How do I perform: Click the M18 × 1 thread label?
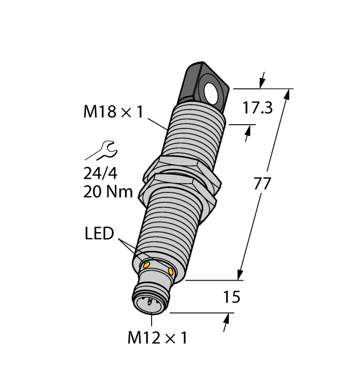[112, 112]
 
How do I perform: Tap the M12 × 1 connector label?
[157, 337]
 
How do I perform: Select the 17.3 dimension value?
[257, 108]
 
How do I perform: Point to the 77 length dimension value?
[263, 184]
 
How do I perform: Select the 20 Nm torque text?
[108, 192]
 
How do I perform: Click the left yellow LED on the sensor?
[147, 265]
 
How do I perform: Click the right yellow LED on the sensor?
[171, 272]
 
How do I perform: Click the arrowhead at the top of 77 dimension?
[287, 94]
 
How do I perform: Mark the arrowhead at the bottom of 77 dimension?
[240, 275]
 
